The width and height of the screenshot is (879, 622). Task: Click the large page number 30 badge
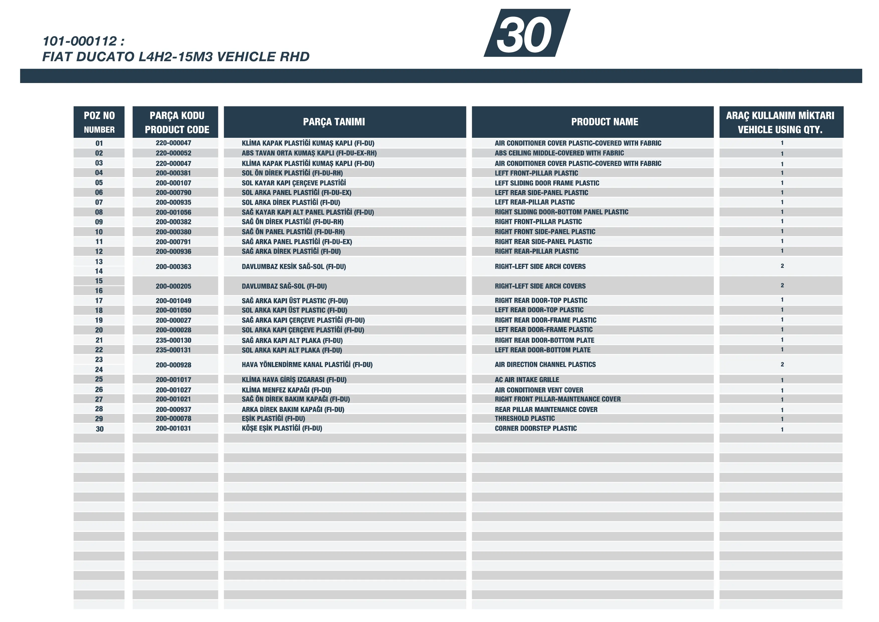tap(526, 34)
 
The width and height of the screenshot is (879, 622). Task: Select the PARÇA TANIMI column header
tap(334, 122)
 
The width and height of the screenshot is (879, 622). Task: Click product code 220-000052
tap(173, 153)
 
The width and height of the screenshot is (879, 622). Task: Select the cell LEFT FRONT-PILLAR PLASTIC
tap(536, 173)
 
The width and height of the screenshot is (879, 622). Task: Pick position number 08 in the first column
tap(99, 212)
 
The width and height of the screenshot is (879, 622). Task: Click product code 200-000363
tap(173, 266)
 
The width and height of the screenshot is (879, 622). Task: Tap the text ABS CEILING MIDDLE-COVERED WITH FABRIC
tap(559, 153)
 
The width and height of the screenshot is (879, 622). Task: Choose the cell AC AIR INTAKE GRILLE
tap(527, 379)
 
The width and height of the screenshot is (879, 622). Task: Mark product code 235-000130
tap(173, 340)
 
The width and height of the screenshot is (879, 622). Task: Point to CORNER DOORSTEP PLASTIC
tap(535, 428)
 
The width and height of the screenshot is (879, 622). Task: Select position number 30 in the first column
tap(99, 429)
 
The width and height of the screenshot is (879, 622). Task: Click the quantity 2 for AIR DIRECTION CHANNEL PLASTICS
tap(782, 364)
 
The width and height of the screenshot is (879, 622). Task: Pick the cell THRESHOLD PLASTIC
tap(524, 419)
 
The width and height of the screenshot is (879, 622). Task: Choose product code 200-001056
tap(173, 212)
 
